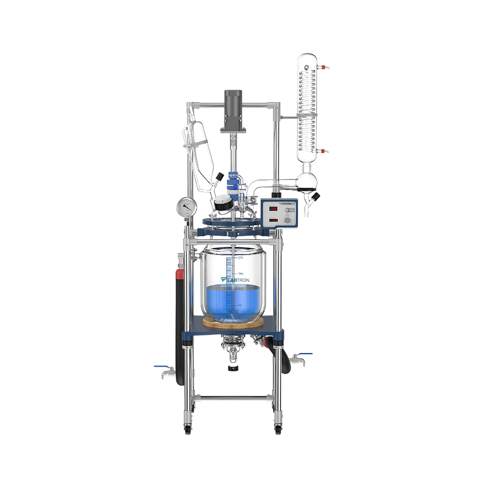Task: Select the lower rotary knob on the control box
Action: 287,220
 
